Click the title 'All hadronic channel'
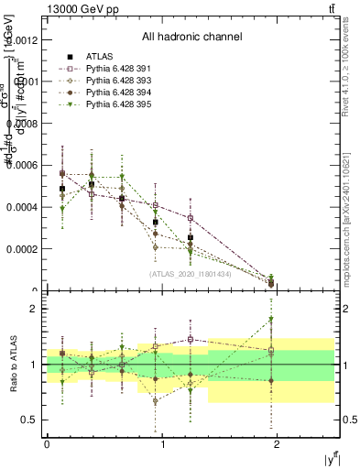[x=191, y=38]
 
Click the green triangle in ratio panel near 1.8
[x=271, y=320]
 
